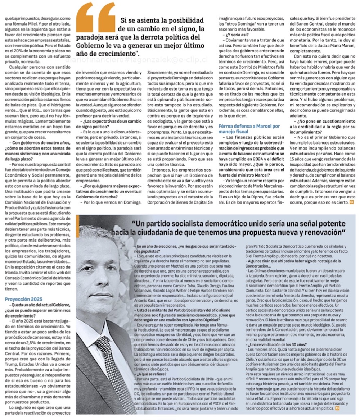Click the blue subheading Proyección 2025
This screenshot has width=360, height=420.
click(x=23, y=299)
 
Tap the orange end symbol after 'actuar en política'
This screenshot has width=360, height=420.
click(x=338, y=409)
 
